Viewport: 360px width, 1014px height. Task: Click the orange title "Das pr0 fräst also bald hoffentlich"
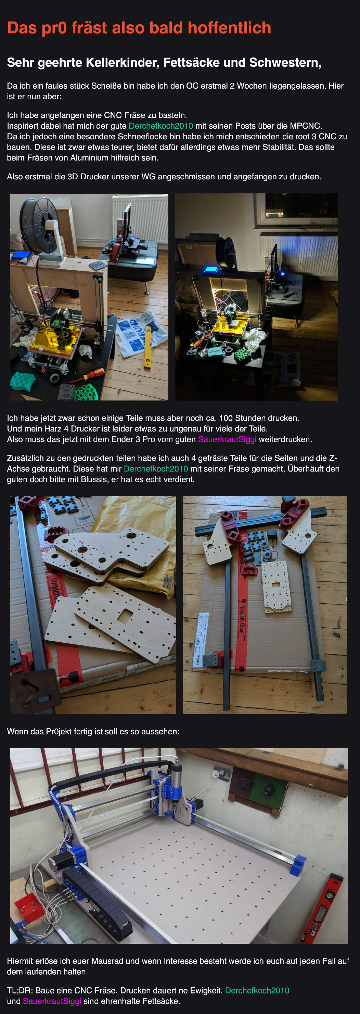click(139, 28)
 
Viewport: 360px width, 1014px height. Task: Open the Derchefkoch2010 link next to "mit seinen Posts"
click(161, 126)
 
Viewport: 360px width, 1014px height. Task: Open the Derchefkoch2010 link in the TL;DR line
click(257, 990)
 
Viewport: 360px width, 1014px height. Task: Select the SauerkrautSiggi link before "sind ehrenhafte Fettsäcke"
click(52, 1001)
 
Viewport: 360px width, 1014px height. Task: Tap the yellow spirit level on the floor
click(148, 347)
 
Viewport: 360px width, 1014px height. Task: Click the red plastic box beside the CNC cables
click(29, 906)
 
